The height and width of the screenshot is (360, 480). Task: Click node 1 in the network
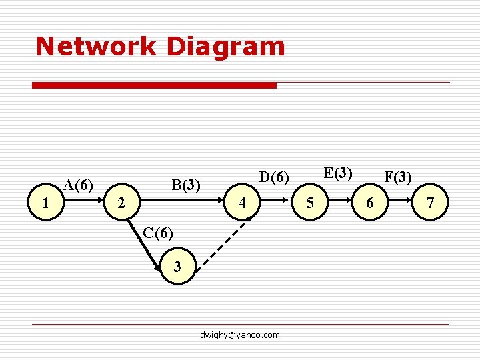pos(45,203)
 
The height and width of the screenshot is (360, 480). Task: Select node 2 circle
pos(120,203)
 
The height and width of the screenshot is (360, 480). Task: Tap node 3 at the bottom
pos(177,267)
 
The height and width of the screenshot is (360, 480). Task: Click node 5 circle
pos(308,203)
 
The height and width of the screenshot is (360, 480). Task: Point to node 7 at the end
pos(431,203)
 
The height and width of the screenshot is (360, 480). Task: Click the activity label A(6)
pos(78,184)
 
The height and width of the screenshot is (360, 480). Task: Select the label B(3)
pos(186,185)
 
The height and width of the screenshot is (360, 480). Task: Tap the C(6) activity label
pos(159,233)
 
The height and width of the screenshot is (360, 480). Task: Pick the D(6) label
pos(274,177)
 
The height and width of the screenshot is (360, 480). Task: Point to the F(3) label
pos(398,177)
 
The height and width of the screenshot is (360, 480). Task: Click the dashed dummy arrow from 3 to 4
pos(219,243)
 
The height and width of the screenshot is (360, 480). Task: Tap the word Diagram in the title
pos(227,46)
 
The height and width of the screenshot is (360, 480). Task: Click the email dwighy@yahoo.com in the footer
pos(240,335)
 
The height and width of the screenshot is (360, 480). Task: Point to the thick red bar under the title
pos(155,85)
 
